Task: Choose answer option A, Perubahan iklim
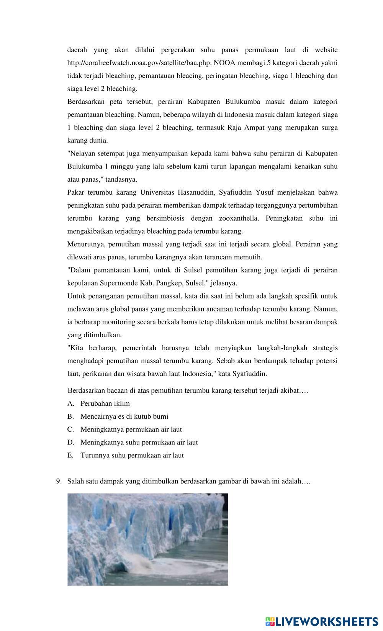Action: click(105, 403)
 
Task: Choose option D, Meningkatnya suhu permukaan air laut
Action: click(139, 443)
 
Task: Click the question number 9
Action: click(59, 481)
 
